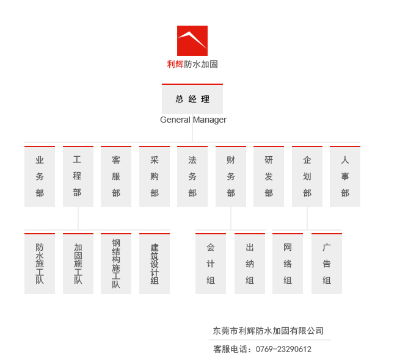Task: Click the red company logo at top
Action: coord(192,41)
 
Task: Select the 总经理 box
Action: coord(192,99)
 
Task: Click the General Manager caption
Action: coord(193,120)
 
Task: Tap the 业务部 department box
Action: coord(40,176)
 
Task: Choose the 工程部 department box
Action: coord(78,176)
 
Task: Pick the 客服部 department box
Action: coord(116,176)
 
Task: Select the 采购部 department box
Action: coord(155,176)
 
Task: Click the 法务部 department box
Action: coord(192,176)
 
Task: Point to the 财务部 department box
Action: coord(231,176)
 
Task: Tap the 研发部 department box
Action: coord(269,176)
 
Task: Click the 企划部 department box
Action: coord(307,176)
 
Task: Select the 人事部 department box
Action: coord(345,176)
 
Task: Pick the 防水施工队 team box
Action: coord(40,264)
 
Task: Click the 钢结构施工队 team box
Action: coord(116,264)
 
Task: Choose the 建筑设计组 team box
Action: coord(155,264)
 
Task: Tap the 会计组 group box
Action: coord(211,264)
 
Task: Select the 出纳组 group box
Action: coord(250,264)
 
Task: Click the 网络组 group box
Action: coord(288,264)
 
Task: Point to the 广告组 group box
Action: coord(327,264)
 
